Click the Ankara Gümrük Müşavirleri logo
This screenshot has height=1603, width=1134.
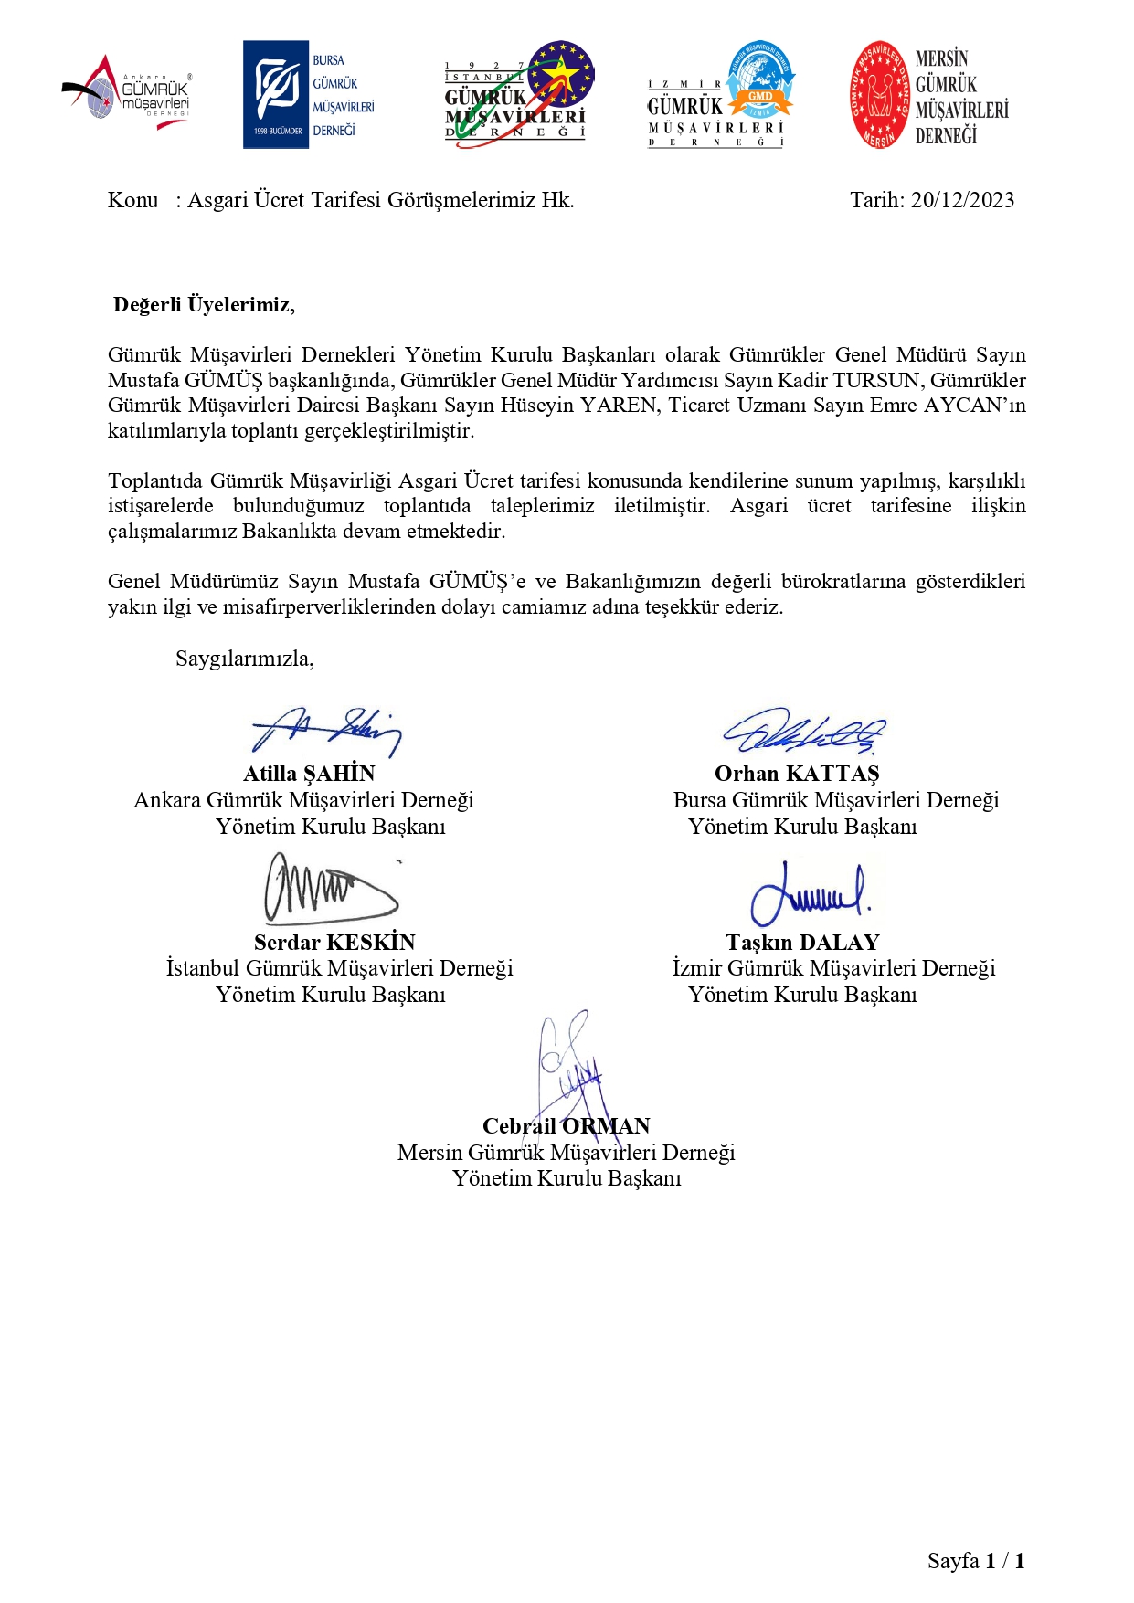(x=128, y=94)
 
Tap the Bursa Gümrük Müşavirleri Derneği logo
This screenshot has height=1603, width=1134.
(x=309, y=95)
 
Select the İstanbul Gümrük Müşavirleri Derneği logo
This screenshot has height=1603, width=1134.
(x=518, y=94)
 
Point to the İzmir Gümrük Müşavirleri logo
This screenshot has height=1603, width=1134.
(x=721, y=95)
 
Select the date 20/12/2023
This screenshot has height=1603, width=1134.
(x=962, y=201)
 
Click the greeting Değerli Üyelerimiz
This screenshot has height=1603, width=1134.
(x=204, y=305)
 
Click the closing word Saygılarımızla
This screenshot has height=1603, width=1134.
(x=245, y=659)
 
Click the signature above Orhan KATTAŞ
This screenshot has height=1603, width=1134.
(x=804, y=731)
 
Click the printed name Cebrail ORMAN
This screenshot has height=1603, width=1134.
(x=566, y=1126)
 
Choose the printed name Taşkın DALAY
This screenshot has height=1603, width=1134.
(x=802, y=943)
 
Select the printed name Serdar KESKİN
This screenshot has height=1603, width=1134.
(x=334, y=943)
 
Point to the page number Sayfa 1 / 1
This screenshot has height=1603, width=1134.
(x=975, y=1561)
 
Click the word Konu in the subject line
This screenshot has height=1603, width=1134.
(x=133, y=201)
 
